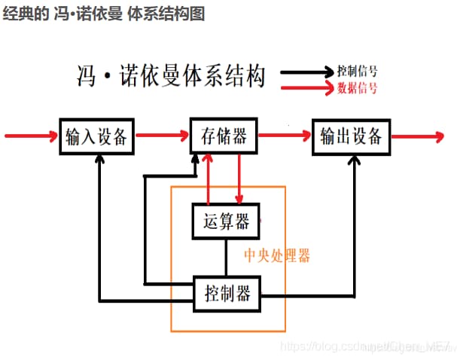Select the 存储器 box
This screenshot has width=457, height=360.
pos(224,136)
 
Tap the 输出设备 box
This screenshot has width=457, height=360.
pos(351,136)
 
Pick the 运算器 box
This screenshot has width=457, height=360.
pos(226,221)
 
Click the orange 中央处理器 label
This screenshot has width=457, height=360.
pos(277,255)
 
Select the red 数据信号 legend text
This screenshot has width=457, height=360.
pos(357,87)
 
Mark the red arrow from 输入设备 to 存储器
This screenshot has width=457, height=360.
pos(163,136)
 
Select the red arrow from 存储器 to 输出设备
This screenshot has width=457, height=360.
pos(285,136)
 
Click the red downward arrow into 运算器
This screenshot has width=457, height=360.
pos(239,181)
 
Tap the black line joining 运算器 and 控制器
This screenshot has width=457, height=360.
pos(226,258)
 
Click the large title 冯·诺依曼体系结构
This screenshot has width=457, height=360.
pos(171,75)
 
